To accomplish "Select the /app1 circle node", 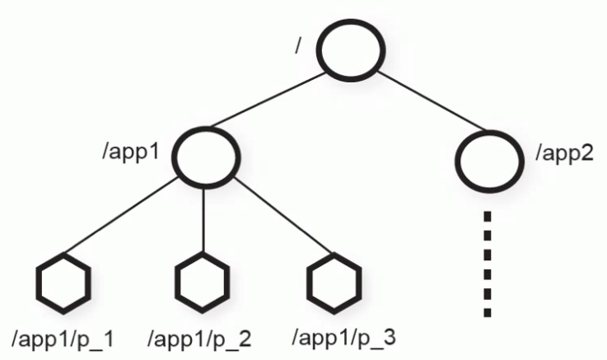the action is [x=205, y=153].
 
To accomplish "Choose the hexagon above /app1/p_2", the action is [x=203, y=283].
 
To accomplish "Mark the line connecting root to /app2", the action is [x=421, y=103].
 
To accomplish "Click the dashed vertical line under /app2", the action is [x=488, y=264].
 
